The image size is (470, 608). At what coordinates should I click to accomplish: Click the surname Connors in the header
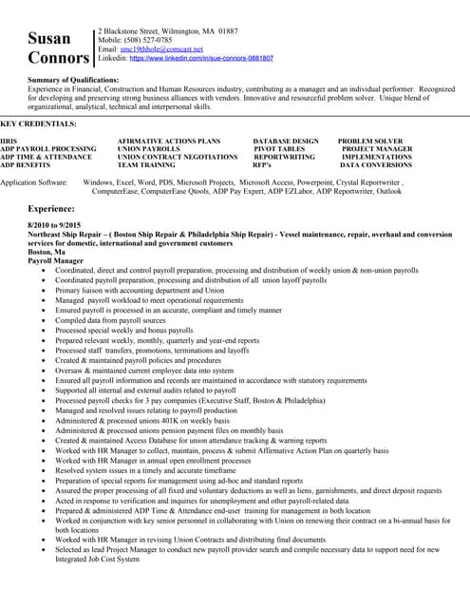click(x=58, y=59)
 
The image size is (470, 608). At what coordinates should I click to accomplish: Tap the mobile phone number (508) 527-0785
click(x=150, y=40)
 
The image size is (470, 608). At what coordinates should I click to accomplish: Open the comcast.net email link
click(x=169, y=48)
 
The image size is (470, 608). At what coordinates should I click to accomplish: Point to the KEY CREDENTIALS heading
click(x=39, y=124)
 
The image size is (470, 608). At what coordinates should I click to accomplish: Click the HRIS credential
click(x=9, y=141)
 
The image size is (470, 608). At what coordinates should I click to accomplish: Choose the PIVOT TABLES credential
click(x=279, y=149)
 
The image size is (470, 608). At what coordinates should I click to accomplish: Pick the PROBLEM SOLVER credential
click(x=370, y=141)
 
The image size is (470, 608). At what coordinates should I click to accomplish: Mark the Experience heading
click(x=51, y=207)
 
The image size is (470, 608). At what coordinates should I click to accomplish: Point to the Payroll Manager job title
click(x=56, y=259)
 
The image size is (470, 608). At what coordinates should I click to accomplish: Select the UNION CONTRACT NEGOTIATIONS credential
click(x=178, y=157)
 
